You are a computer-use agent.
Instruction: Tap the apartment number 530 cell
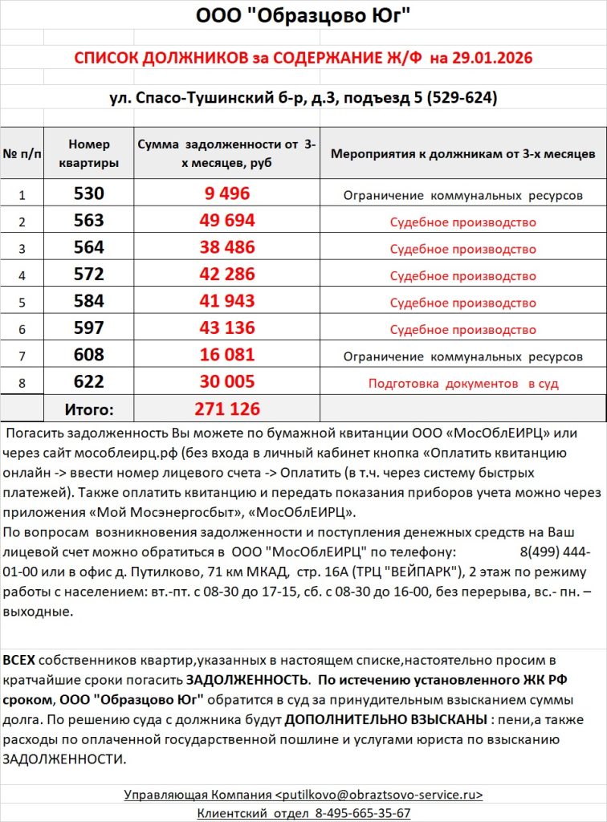click(88, 194)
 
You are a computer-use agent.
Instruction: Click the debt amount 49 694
click(227, 221)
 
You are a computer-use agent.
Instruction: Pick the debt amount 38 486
click(227, 247)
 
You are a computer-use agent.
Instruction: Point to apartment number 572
click(88, 275)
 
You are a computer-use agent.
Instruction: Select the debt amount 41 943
click(227, 301)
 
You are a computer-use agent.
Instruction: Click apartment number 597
click(88, 328)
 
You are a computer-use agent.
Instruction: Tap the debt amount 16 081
click(227, 355)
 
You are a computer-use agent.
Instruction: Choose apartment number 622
click(88, 382)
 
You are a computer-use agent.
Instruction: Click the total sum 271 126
click(227, 409)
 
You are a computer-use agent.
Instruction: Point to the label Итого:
click(88, 409)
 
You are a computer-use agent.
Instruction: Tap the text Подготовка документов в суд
click(463, 384)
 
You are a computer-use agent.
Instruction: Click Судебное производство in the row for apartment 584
click(463, 303)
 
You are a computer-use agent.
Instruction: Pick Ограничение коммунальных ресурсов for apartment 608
click(463, 356)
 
